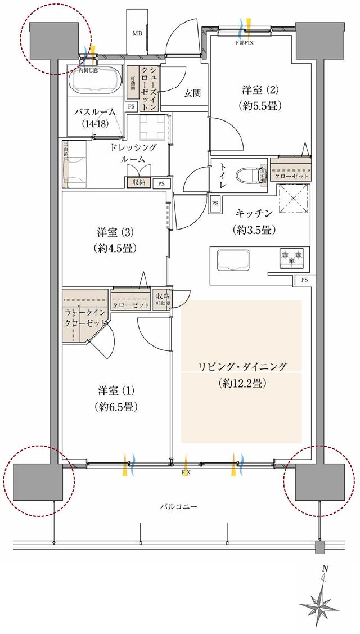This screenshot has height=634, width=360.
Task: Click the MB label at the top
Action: tap(137, 34)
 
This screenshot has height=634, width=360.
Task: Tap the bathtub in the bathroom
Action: tap(95, 80)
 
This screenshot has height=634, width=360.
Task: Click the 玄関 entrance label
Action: tap(192, 93)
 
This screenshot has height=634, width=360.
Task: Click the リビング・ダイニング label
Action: tap(242, 374)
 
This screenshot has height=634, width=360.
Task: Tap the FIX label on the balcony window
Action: tap(186, 473)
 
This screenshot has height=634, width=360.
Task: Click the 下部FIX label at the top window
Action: tap(245, 42)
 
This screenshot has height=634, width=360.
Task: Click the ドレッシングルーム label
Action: tap(133, 152)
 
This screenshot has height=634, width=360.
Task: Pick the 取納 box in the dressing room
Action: tap(138, 182)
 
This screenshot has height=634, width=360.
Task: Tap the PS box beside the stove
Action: tap(304, 280)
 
